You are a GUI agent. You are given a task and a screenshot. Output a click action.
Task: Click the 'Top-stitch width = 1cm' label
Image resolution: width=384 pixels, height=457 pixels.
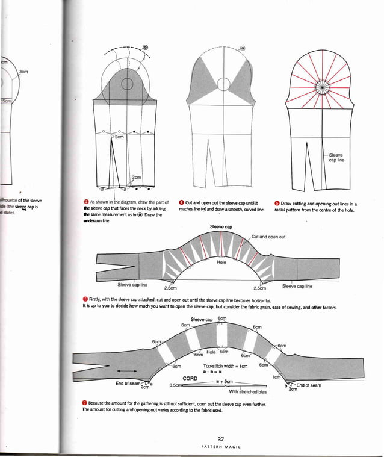tap(225, 365)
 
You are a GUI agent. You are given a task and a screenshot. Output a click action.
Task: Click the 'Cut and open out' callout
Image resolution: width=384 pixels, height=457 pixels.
tap(268, 237)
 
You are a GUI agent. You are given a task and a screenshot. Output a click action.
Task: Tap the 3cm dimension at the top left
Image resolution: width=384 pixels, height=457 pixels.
tap(24, 71)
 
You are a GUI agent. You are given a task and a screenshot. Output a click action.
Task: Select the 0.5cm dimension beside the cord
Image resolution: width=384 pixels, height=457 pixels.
tap(176, 385)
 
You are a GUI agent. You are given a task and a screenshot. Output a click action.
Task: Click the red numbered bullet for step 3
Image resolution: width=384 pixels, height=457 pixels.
tap(85, 203)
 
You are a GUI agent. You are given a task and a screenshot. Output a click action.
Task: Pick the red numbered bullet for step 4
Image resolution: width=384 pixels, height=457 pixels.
tap(181, 203)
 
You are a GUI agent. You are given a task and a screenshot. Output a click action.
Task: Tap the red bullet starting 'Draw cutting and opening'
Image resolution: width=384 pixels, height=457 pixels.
tap(276, 203)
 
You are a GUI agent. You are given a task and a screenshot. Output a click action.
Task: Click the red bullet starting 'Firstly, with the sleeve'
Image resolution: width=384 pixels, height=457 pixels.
tap(85, 300)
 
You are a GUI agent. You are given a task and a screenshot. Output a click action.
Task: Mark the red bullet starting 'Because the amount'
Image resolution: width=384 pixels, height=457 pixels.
tap(85, 402)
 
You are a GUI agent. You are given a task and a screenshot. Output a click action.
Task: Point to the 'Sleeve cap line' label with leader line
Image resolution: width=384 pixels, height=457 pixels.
tap(336, 157)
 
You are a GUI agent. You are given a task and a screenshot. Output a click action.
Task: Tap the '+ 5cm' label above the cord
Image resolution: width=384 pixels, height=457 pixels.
tap(225, 381)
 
